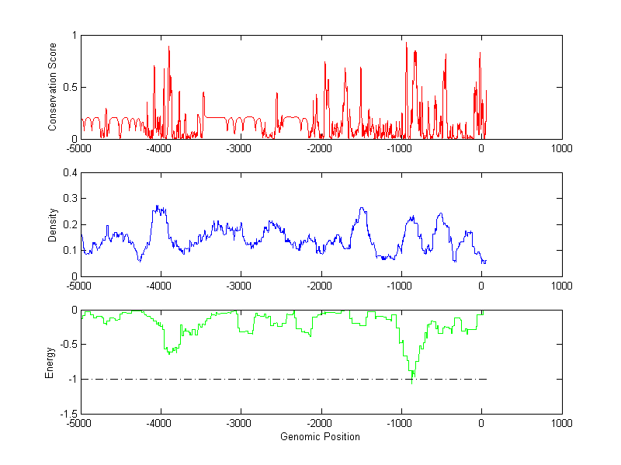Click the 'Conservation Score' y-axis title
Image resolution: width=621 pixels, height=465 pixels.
click(x=52, y=87)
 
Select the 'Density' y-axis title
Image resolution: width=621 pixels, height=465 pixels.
click(x=52, y=224)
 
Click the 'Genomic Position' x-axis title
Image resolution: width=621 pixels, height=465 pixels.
click(x=320, y=437)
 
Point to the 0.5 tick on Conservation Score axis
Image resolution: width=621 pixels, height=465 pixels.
click(x=70, y=87)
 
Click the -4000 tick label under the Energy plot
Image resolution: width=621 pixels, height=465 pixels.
click(x=160, y=424)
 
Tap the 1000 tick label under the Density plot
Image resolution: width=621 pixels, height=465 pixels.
click(x=561, y=285)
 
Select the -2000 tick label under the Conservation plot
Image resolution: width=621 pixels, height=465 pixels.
click(x=320, y=148)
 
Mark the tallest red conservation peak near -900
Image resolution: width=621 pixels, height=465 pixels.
click(x=406, y=43)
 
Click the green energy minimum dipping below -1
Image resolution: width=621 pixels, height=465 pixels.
click(x=412, y=383)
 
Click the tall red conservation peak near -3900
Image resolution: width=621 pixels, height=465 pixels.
click(x=168, y=47)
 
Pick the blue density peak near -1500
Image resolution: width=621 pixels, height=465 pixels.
click(x=362, y=208)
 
